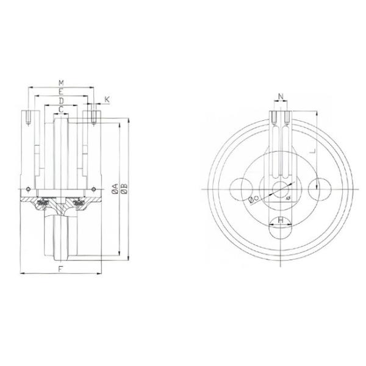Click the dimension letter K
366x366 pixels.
[x=107, y=99]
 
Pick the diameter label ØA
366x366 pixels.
[x=115, y=188]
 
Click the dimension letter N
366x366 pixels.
[x=281, y=96]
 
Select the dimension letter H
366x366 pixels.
[x=281, y=220]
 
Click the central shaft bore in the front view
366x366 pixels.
[x=281, y=190]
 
